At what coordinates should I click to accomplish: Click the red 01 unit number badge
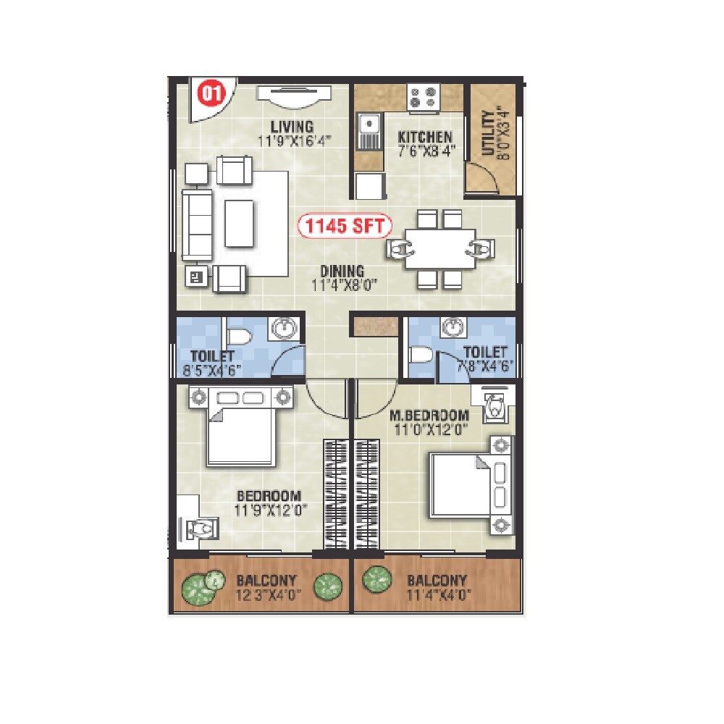tap(211, 93)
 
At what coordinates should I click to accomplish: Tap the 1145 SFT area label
tap(345, 227)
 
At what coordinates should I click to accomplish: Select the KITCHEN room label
tap(425, 137)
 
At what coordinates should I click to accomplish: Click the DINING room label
tap(342, 271)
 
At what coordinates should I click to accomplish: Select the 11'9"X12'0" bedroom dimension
tap(269, 509)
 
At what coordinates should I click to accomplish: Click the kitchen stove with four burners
tap(423, 97)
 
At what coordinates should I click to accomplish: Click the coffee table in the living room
tap(240, 223)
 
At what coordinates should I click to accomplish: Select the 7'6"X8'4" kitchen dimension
tap(425, 151)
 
